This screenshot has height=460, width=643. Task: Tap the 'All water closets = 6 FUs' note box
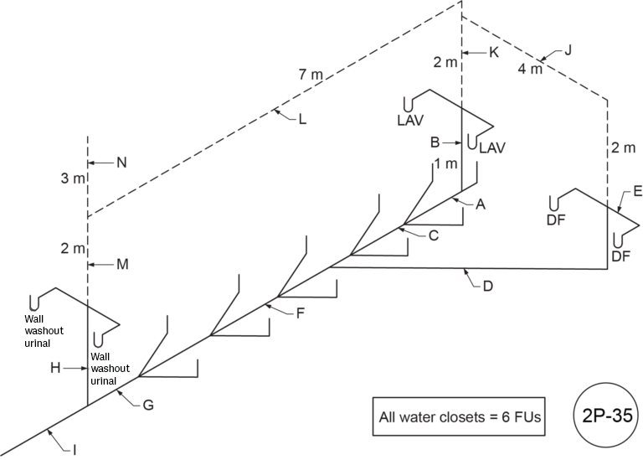459,416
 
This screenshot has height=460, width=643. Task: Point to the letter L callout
301,119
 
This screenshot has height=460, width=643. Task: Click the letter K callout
493,52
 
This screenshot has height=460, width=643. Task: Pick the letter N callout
121,163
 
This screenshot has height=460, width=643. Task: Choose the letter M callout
122,265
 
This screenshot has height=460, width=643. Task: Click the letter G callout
147,406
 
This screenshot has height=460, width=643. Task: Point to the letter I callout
75,450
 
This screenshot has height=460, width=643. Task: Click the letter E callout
637,192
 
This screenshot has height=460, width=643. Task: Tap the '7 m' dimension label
311,75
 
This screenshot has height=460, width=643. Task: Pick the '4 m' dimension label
530,69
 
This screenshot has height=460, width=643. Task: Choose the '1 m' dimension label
445,163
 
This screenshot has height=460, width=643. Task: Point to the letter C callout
433,235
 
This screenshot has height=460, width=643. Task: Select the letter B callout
435,142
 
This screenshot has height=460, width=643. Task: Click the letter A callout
481,204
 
